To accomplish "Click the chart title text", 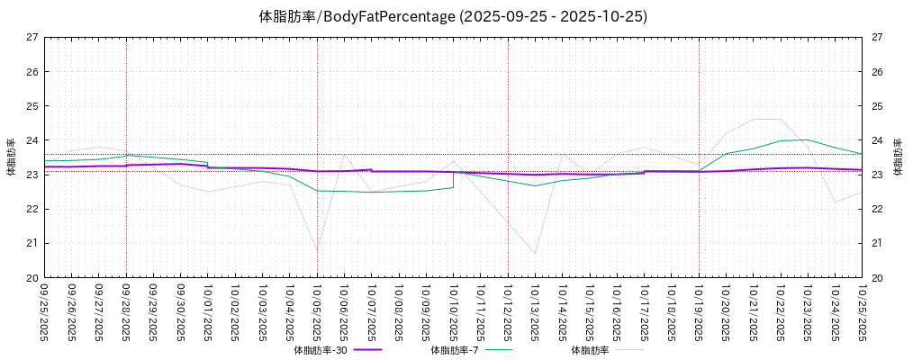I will pos(453,16).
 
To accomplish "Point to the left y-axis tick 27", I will pos(32,38).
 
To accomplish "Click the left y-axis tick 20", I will pos(32,277).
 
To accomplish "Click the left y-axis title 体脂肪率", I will pos(11,157).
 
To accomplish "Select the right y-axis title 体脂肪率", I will pos(898,157).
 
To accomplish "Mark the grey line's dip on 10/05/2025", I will pos(317,249).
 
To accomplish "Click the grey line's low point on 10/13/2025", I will pos(535,254).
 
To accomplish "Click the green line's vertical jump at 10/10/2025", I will pos(453,179).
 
